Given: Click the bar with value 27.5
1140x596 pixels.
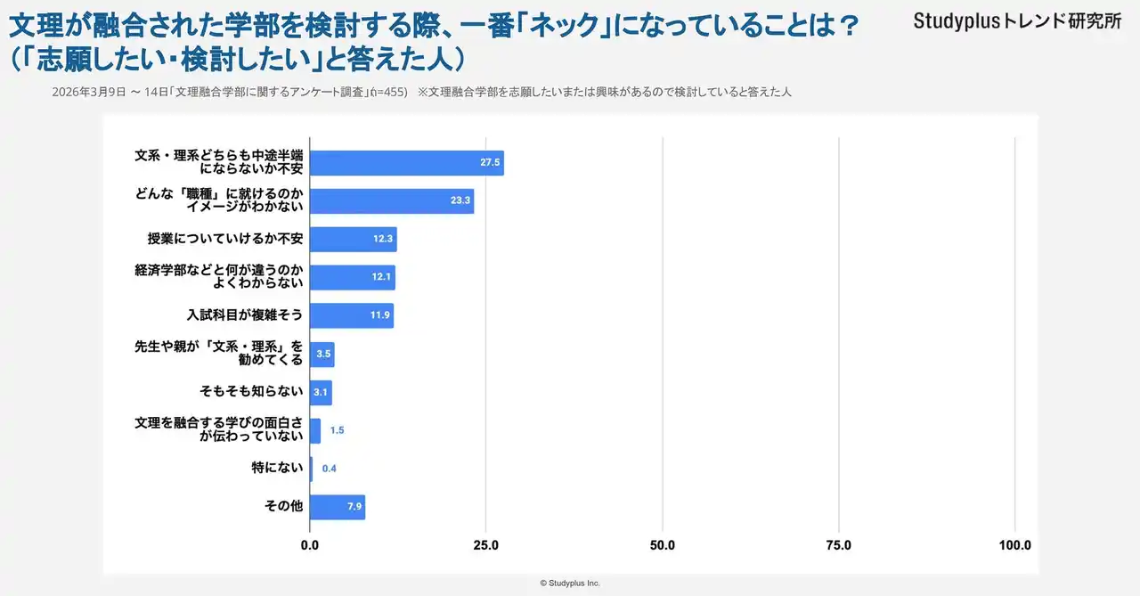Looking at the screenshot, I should (406, 163).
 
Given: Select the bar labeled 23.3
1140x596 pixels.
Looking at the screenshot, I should (391, 201).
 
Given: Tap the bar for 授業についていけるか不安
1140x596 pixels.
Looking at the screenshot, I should (353, 240).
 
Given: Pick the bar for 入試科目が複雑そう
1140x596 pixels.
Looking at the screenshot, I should (351, 315).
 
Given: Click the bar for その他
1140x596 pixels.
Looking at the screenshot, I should (337, 507).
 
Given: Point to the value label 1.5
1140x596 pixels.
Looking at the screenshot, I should (337, 430).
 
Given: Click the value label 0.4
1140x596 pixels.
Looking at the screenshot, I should (330, 469).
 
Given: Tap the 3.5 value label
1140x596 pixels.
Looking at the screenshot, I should (323, 355).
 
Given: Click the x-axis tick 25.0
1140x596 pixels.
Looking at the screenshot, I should (485, 545).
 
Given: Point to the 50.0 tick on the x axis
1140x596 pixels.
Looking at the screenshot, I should (663, 545).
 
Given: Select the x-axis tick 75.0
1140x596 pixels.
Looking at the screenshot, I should (839, 545).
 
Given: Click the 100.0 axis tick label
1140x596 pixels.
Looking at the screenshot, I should (1014, 545).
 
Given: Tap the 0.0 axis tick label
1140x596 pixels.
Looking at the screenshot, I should (310, 545).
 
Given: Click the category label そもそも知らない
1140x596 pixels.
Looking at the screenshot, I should (252, 392).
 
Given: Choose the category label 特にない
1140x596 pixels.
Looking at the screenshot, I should (277, 469).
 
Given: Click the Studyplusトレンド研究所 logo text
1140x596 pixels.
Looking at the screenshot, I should (1017, 21).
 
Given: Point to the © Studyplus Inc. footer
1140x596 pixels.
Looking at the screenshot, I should (570, 583).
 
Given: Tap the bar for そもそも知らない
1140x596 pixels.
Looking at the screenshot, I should (320, 392).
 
